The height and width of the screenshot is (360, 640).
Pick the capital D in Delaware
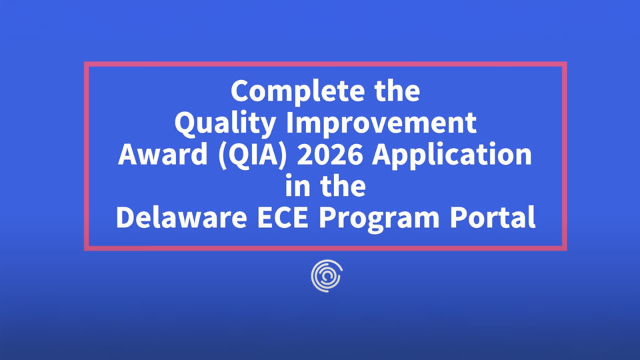pyautogui.click(x=125, y=218)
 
